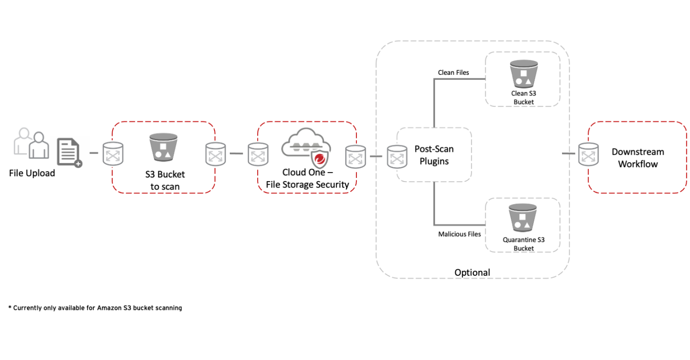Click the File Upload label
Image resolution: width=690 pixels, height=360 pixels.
coord(32,173)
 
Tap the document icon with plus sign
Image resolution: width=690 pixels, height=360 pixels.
coord(69,152)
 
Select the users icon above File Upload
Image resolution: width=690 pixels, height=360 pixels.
coord(32,143)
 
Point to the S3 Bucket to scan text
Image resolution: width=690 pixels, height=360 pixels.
coord(165,180)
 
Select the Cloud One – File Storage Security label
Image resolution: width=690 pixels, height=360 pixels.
coord(307,178)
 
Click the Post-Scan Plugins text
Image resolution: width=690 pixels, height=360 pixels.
coord(434,155)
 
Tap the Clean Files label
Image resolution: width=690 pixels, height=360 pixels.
coord(453,73)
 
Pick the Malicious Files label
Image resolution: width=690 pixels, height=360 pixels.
coord(459,234)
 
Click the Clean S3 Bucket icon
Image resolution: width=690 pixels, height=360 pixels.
coord(523,74)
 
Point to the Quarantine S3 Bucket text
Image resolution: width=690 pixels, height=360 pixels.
coord(524,244)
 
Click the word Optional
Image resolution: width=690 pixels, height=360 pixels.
coord(472,273)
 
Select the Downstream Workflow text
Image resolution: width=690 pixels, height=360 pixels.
coord(638,158)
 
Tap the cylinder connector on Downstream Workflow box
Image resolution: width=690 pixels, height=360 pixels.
coord(588,155)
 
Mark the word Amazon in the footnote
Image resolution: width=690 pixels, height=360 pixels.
coord(108,308)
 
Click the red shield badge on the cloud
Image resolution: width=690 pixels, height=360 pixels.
coord(320,159)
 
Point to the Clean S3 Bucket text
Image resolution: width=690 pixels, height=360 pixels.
coord(524,98)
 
